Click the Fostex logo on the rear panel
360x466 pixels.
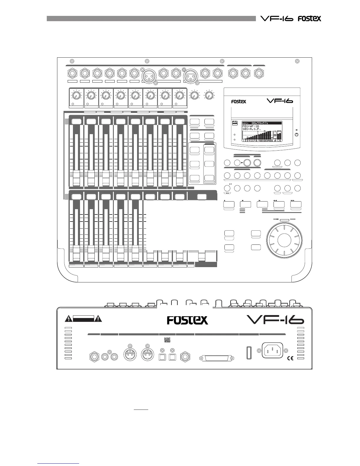tap(187, 320)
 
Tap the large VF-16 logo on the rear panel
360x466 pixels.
tap(275, 320)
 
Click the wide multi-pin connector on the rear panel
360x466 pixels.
tap(216, 358)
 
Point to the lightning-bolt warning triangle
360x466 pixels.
tap(69, 318)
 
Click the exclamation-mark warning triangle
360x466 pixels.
tap(98, 318)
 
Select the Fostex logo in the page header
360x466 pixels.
tap(309, 19)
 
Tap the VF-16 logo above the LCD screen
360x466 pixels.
tap(279, 101)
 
